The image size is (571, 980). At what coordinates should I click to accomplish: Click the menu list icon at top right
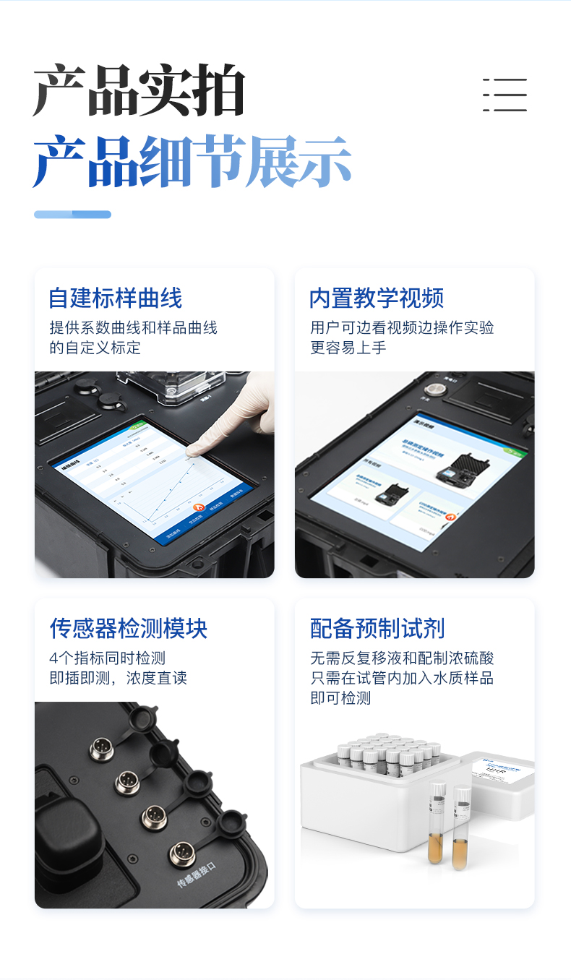point(505,95)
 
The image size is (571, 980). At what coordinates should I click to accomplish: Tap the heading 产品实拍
point(139,91)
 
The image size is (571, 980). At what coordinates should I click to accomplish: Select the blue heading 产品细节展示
point(192,161)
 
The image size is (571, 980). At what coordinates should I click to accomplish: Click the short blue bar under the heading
point(72,214)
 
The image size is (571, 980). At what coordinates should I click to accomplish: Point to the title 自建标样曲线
point(115,298)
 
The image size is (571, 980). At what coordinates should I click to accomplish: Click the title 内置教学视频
point(376,298)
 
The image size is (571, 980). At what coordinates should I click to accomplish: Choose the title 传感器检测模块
point(128,628)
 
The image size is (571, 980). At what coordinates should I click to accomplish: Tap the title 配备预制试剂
point(377,628)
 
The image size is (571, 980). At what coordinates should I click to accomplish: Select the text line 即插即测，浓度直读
point(118,678)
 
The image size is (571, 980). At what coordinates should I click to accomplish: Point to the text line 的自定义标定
point(95,348)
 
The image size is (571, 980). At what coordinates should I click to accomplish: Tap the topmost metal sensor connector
point(100,748)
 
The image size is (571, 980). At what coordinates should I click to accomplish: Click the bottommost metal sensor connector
point(181,854)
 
